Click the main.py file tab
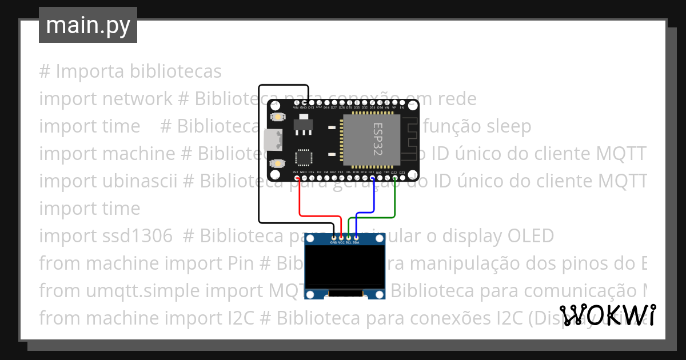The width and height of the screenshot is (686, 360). pyautogui.click(x=88, y=25)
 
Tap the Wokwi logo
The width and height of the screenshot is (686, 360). pyautogui.click(x=607, y=315)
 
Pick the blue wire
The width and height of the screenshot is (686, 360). pyautogui.click(x=373, y=197)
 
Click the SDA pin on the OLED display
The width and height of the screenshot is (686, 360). pyautogui.click(x=356, y=237)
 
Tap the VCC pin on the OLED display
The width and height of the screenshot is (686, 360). pyautogui.click(x=341, y=237)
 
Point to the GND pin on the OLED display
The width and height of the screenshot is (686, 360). pyautogui.click(x=334, y=237)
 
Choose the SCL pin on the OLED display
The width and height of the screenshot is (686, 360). pyautogui.click(x=349, y=237)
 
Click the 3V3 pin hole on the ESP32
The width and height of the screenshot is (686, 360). pyautogui.click(x=296, y=178)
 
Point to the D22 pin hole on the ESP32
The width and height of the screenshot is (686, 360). pyautogui.click(x=394, y=178)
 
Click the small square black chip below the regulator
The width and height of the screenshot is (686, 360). pyautogui.click(x=303, y=158)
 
